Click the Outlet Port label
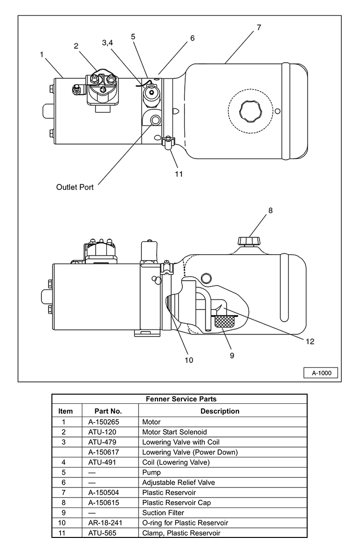tap(75, 187)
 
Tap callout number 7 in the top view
tap(259, 27)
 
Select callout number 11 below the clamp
tap(179, 174)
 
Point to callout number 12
tap(310, 341)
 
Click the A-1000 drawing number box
tap(321, 373)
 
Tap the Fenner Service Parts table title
tap(181, 399)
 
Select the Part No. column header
tap(108, 411)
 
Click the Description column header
tap(220, 411)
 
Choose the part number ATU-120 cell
tap(102, 432)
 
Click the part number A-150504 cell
tap(103, 493)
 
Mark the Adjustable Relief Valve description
tap(179, 483)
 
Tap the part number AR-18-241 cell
tap(105, 523)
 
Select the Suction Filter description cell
tap(163, 513)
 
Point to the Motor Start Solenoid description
tap(174, 432)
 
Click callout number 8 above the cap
tap(270, 210)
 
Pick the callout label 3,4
tap(108, 42)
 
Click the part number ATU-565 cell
tap(102, 533)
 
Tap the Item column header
tap(66, 411)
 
